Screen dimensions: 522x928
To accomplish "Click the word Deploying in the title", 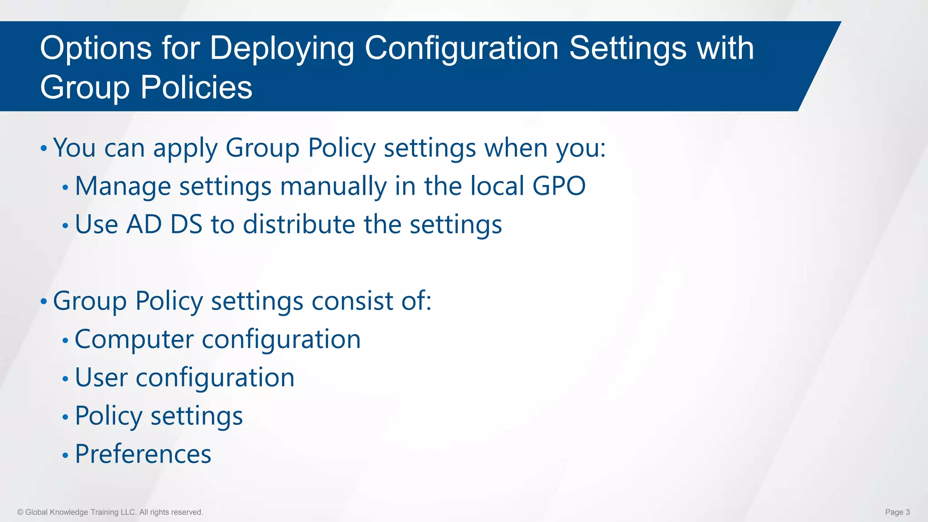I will [x=281, y=48].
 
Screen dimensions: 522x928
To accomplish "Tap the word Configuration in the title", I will [x=461, y=48].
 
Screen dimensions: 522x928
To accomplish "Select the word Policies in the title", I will [x=196, y=87].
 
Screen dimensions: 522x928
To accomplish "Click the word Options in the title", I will [x=96, y=48].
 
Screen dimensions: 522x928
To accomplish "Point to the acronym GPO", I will [x=559, y=186].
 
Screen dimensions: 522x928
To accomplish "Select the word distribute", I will [x=299, y=224].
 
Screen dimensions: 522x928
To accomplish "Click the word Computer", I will [x=134, y=340].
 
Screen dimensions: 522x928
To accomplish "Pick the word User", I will [x=101, y=377].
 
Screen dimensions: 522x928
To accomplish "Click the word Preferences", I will [x=143, y=454].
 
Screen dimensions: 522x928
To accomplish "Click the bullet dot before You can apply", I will [x=43, y=149].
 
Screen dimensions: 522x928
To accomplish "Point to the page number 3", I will [x=908, y=512].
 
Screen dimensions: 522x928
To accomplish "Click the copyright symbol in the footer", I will [x=20, y=512].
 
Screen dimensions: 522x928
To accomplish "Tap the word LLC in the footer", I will [x=128, y=512].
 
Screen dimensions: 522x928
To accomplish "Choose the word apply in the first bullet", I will [x=185, y=149].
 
